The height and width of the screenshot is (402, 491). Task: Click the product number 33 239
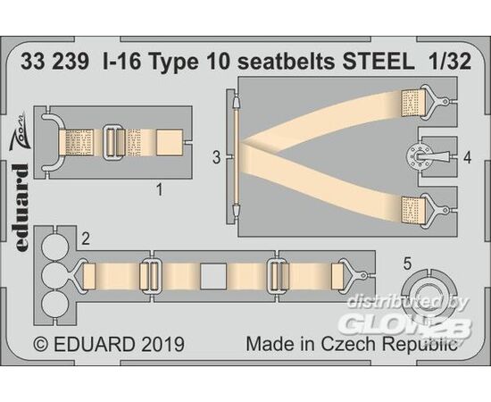(x=54, y=62)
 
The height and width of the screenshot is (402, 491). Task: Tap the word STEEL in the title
(x=377, y=62)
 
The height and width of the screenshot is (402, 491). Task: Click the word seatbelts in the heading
(x=287, y=62)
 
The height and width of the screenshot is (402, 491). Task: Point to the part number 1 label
(x=160, y=190)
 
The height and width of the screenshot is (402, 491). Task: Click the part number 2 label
(x=86, y=239)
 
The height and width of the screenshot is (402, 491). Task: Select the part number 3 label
(x=216, y=157)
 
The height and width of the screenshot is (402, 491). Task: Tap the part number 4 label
(x=467, y=157)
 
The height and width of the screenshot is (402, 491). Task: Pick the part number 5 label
(x=407, y=264)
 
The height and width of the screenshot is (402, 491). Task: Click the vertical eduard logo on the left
(x=21, y=207)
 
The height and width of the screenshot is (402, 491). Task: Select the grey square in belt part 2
(x=213, y=276)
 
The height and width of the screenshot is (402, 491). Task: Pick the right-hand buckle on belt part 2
(x=279, y=276)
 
